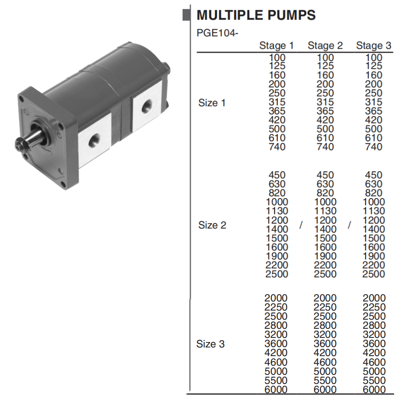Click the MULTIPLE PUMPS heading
256,15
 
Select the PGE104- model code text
217,33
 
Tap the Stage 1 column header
276,46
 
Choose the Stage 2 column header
325,46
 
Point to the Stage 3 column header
374,46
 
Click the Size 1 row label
212,103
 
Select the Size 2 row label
212,225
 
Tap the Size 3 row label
210,344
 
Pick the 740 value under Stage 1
277,147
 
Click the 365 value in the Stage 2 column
325,111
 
